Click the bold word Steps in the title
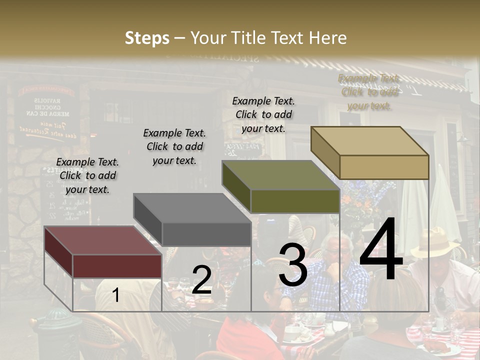pyautogui.click(x=147, y=38)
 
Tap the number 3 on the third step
pyautogui.click(x=293, y=265)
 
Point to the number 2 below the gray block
pyautogui.click(x=201, y=280)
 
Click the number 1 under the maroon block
pyautogui.click(x=115, y=295)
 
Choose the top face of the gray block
pyautogui.click(x=192, y=208)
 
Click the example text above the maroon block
pyautogui.click(x=87, y=175)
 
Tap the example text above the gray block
pyautogui.click(x=174, y=146)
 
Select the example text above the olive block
pyautogui.click(x=263, y=114)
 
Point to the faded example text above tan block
pyautogui.click(x=369, y=92)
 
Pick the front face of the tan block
pyautogui.click(x=384, y=167)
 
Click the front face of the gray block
pyautogui.click(x=206, y=234)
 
